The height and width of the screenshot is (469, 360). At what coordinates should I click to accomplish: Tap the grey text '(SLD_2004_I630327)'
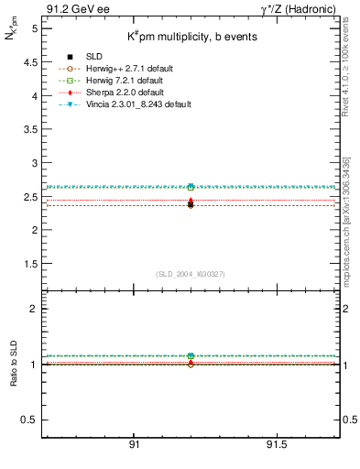190,274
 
